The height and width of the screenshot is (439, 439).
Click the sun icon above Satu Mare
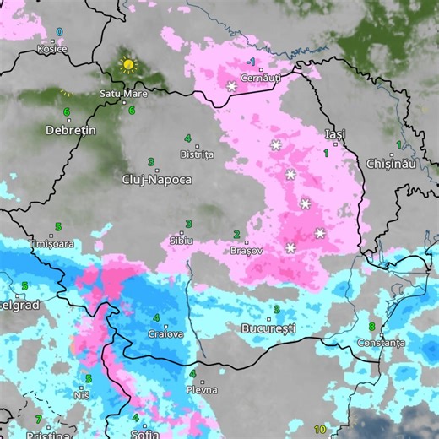click(x=127, y=64)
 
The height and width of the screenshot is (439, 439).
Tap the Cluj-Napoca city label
click(x=157, y=180)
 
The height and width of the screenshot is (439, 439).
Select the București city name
click(x=268, y=327)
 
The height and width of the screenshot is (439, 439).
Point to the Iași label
click(x=335, y=134)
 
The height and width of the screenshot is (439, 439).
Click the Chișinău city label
click(x=391, y=163)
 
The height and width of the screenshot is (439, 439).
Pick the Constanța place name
click(x=381, y=343)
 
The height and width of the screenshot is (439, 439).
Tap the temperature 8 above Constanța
click(x=371, y=327)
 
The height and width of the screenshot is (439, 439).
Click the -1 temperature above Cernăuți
click(x=252, y=62)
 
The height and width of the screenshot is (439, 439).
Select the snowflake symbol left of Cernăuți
click(x=231, y=86)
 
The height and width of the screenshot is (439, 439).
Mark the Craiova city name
click(x=165, y=333)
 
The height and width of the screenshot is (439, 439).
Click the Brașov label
click(x=247, y=251)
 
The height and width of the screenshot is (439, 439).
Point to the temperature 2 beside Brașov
click(x=236, y=235)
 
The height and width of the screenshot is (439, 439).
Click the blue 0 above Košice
click(x=59, y=32)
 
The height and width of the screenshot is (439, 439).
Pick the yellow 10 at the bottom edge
click(x=320, y=430)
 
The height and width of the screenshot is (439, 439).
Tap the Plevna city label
click(x=203, y=389)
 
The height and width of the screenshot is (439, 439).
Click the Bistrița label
click(x=198, y=154)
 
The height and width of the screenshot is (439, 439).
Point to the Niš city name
click(x=81, y=394)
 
